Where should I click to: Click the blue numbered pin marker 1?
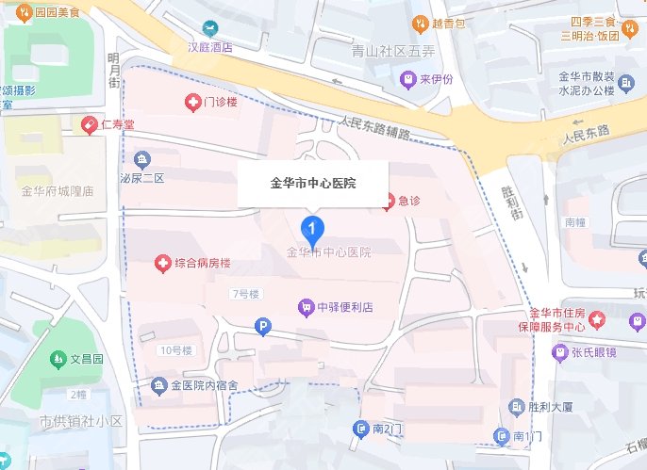pyautogui.click(x=312, y=228)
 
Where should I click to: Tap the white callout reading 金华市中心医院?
pyautogui.click(x=313, y=183)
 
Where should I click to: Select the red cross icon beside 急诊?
pyautogui.click(x=388, y=200)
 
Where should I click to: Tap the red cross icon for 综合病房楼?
pyautogui.click(x=162, y=263)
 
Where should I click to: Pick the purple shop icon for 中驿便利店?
pyautogui.click(x=305, y=307)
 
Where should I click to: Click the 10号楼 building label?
pyautogui.click(x=175, y=350)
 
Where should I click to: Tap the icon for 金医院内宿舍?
pyautogui.click(x=158, y=385)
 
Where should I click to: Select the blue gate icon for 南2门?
pyautogui.click(x=360, y=429)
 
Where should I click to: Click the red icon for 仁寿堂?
pyautogui.click(x=90, y=123)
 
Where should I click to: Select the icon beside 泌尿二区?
pyautogui.click(x=142, y=158)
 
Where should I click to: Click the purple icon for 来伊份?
pyautogui.click(x=408, y=79)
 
